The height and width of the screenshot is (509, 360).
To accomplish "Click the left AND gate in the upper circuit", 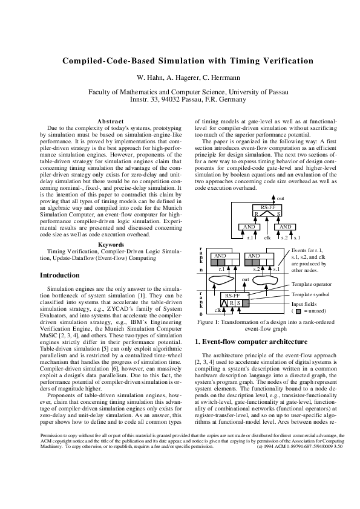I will pyautogui.click(x=248, y=226).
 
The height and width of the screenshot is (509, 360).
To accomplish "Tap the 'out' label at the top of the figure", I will pyautogui.click(x=280, y=198).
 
